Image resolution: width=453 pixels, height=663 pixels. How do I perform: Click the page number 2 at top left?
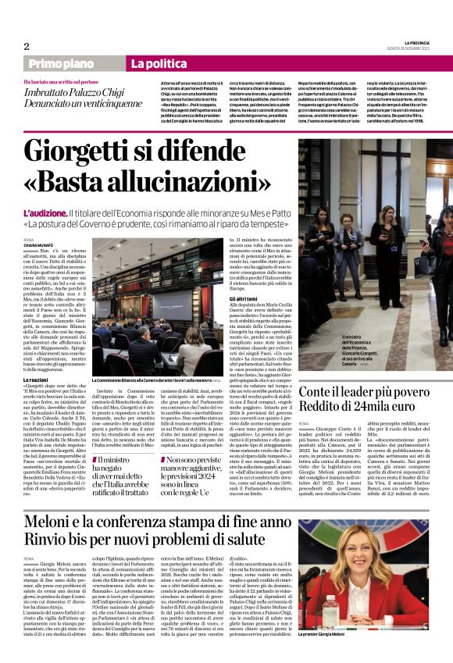point(27,45)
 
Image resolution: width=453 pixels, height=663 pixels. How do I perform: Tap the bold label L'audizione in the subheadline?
point(45,212)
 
